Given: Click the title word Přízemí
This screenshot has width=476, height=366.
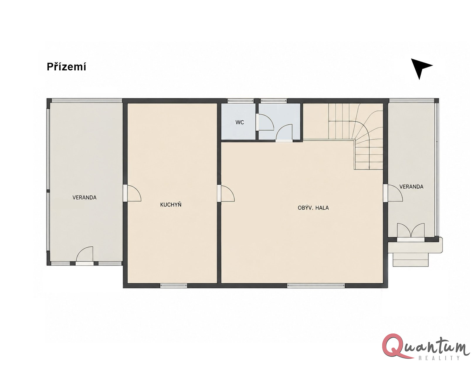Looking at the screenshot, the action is (x=66, y=67).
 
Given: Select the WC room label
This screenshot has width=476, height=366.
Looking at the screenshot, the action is (x=240, y=122).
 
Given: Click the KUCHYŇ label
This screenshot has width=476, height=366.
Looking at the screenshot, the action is (x=171, y=205).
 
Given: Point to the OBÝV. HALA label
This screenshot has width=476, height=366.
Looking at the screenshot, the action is (x=313, y=208).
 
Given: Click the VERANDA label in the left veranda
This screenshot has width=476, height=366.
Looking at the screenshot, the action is (x=84, y=198).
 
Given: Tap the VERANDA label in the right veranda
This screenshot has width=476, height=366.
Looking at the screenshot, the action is (x=411, y=187).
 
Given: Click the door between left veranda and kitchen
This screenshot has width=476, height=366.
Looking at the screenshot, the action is (x=132, y=193).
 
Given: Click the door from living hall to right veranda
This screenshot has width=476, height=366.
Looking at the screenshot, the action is (x=393, y=193).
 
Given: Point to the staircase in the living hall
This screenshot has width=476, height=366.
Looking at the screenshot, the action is (x=355, y=136).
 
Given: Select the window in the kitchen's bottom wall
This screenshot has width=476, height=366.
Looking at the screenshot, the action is (x=174, y=285).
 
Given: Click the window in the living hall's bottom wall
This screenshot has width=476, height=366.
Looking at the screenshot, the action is (x=316, y=285).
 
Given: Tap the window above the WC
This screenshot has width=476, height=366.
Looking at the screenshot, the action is (x=240, y=101).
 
